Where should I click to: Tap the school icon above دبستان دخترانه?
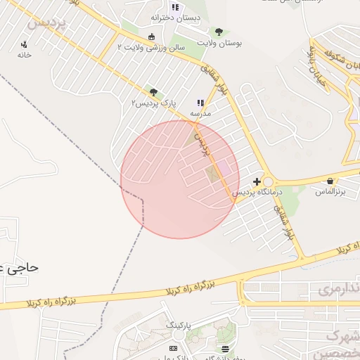175,7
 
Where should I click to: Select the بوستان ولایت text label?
219,43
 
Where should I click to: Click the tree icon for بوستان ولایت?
219,32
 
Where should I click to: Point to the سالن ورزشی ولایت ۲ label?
150,47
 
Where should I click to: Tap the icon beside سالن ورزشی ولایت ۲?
151,37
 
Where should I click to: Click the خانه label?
25,55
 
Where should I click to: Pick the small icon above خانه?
24,45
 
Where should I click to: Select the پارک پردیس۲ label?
153,103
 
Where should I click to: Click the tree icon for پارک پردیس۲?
153,92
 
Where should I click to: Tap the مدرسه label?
200,112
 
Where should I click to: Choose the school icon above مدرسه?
200,103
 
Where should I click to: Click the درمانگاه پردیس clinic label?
257,191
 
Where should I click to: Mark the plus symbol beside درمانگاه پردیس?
257,181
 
